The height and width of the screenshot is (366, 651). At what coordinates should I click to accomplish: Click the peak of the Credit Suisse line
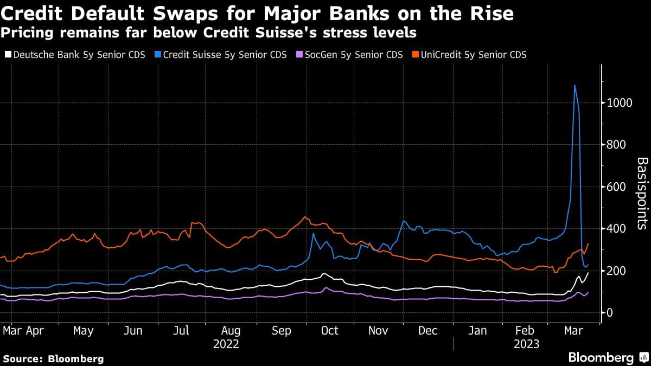click(x=575, y=85)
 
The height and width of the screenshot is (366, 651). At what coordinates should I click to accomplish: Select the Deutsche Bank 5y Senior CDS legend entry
click(x=74, y=55)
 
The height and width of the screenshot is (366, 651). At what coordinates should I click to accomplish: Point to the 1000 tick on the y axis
click(x=619, y=103)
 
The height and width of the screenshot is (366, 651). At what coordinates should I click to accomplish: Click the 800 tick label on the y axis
click(x=616, y=145)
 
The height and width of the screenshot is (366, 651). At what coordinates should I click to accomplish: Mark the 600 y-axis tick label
click(x=616, y=187)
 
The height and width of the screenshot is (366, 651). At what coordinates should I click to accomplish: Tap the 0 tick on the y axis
click(x=610, y=313)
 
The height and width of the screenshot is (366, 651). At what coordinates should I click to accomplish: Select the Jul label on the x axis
click(x=181, y=331)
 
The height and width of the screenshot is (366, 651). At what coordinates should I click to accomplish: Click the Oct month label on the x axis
click(x=329, y=331)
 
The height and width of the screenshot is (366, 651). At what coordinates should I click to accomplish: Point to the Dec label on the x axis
click(x=428, y=331)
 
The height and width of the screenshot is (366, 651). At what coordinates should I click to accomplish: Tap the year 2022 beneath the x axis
click(x=226, y=344)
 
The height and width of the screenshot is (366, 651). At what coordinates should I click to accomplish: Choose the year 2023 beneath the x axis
click(x=526, y=344)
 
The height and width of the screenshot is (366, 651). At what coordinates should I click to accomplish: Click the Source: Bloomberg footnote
click(x=53, y=358)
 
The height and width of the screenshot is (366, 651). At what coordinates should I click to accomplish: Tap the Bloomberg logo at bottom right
click(x=608, y=357)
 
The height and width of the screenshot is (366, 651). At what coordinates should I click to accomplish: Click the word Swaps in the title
click(x=220, y=12)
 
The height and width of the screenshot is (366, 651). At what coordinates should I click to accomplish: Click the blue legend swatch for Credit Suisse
click(x=158, y=55)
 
